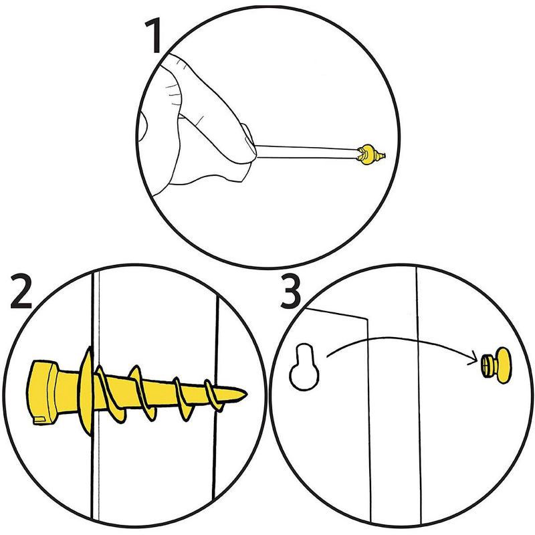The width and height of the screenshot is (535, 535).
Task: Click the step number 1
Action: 155,36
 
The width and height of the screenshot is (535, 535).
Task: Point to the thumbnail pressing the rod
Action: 249,140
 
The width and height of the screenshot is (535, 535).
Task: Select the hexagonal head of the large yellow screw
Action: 50,393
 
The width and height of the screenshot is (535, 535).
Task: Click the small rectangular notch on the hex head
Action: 39,420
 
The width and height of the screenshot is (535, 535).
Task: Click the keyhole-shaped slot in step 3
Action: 305,367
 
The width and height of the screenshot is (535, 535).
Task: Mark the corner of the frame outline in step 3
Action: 368,318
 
